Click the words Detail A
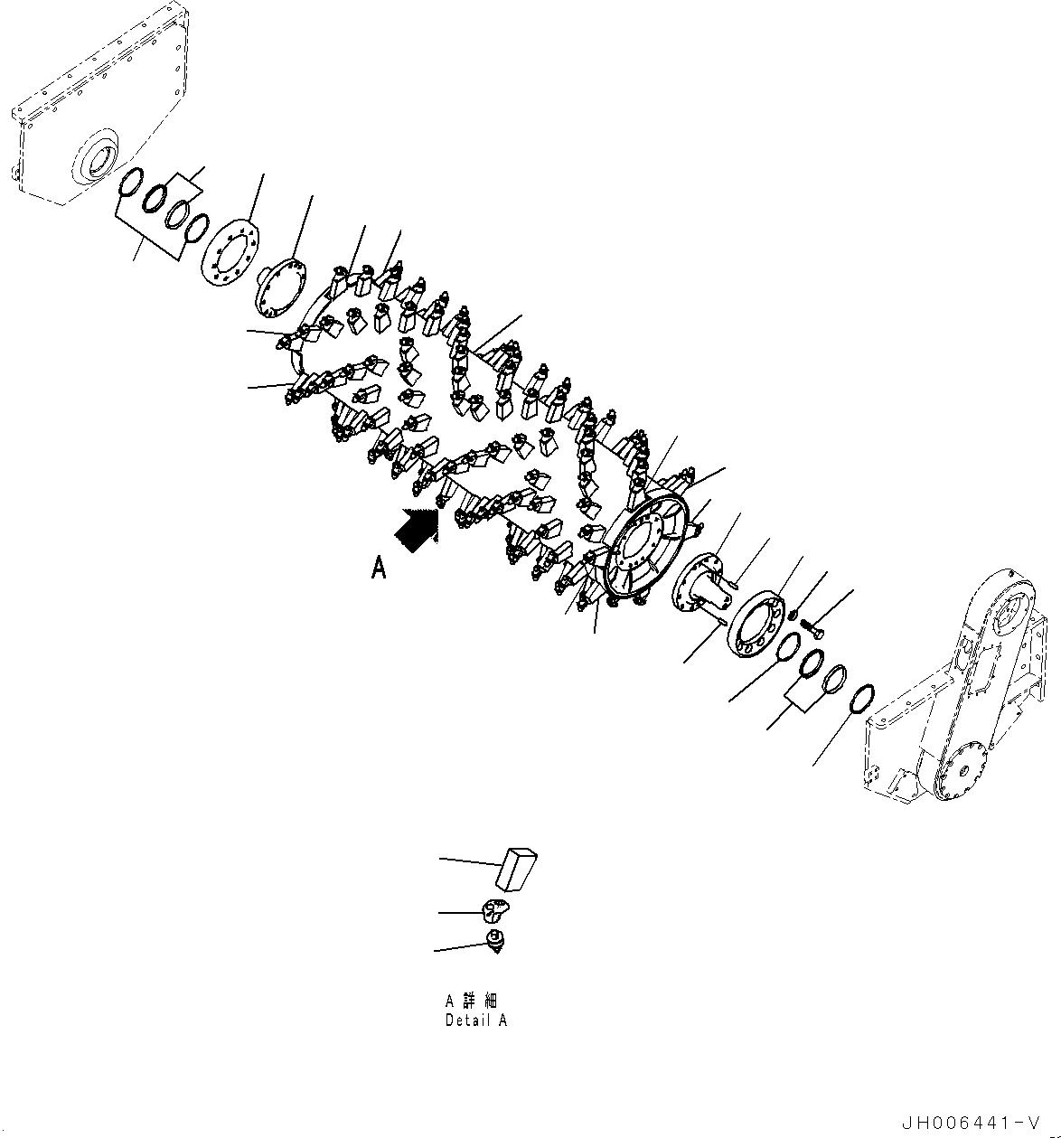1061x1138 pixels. tap(475, 1020)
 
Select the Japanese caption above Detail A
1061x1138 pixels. tap(471, 1001)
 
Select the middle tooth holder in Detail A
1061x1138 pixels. tap(494, 908)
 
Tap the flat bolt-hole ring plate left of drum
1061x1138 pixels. tap(229, 251)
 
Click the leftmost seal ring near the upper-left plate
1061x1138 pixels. tap(133, 184)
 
